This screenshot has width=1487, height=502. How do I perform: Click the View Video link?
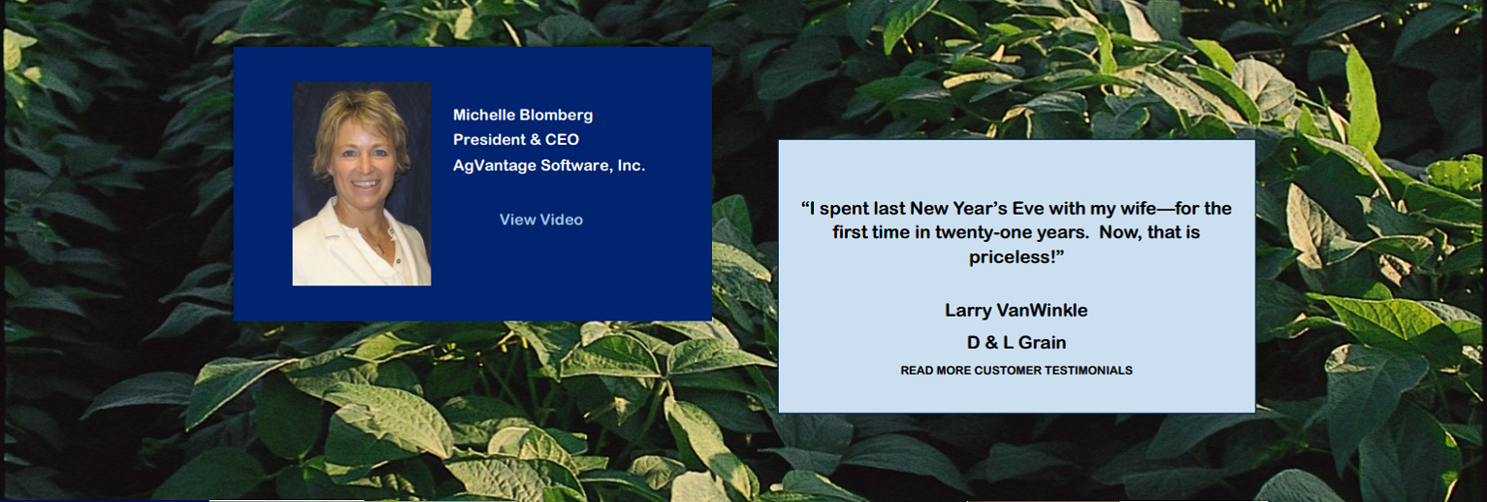(541, 219)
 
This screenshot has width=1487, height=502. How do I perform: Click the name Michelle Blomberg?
(523, 115)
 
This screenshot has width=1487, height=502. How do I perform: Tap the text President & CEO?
(516, 140)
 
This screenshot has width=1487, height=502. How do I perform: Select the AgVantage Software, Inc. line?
(549, 165)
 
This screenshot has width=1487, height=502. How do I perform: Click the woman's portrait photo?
(362, 184)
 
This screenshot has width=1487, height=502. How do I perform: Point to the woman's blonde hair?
(362, 117)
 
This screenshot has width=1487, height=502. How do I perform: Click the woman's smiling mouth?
(366, 184)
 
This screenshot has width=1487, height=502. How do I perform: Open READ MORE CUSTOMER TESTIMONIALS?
(1017, 370)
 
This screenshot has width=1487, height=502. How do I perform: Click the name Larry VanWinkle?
(1017, 311)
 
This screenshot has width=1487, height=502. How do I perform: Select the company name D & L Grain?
(1017, 343)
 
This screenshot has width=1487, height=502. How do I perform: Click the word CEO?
(563, 140)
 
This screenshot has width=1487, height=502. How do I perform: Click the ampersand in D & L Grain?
(991, 343)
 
